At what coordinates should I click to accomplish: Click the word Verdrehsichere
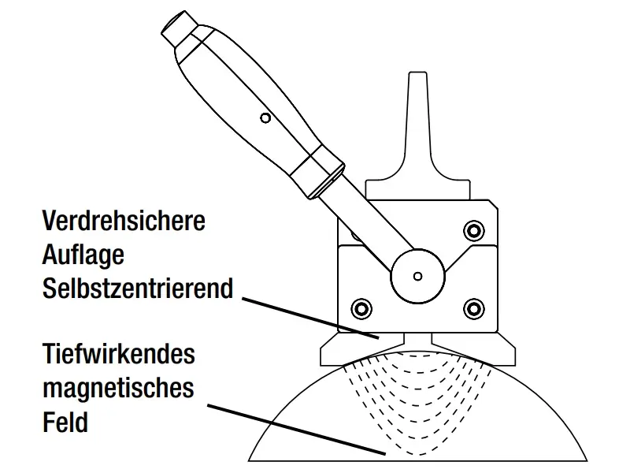(x=124, y=221)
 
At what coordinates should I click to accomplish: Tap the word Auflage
(x=83, y=255)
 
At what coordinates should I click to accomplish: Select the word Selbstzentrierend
(x=138, y=288)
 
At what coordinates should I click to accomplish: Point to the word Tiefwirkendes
(x=119, y=353)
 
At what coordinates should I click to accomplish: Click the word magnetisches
(x=119, y=388)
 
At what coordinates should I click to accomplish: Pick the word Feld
(x=65, y=422)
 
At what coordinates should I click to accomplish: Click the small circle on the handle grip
(x=265, y=118)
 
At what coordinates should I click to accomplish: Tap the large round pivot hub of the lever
(x=418, y=277)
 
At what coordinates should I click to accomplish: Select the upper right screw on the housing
(x=474, y=231)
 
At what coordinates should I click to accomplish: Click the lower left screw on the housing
(x=361, y=309)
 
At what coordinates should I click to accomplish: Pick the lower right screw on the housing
(x=474, y=309)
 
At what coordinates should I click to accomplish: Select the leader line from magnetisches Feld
(x=297, y=430)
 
